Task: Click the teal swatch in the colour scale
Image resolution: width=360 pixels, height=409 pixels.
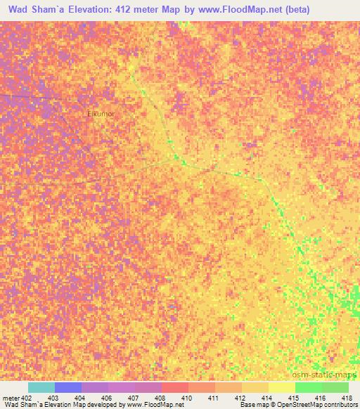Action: tap(41, 387)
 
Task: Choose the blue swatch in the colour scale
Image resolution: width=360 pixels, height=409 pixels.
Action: tap(68, 387)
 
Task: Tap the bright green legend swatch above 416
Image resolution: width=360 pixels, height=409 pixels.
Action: tap(309, 387)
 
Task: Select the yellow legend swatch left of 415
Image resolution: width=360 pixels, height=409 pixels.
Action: tap(282, 387)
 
